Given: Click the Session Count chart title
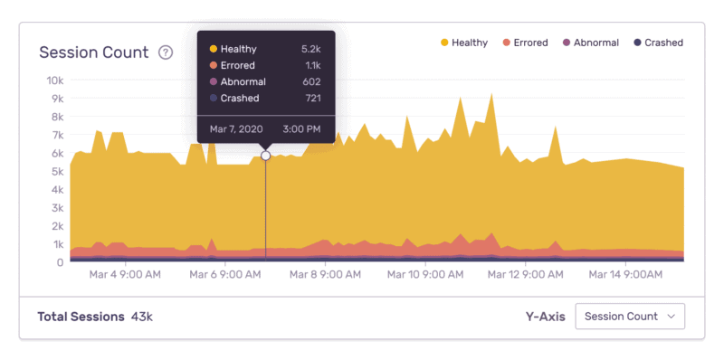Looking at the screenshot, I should (93, 52).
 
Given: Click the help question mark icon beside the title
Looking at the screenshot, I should (166, 52).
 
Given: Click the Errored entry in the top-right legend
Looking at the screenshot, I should (529, 43).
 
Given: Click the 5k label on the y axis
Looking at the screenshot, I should (55, 172).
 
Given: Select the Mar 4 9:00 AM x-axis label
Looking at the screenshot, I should (126, 272).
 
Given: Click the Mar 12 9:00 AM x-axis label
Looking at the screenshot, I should (523, 272).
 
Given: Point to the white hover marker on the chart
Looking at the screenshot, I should (265, 156).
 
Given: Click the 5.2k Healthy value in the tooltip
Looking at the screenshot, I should (311, 49).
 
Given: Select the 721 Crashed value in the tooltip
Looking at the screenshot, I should (313, 98).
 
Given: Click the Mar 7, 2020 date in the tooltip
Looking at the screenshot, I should (235, 129).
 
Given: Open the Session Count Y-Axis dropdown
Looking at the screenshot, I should (630, 317).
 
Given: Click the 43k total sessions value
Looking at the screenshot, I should (141, 317).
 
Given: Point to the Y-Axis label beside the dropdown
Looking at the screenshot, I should (546, 317).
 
